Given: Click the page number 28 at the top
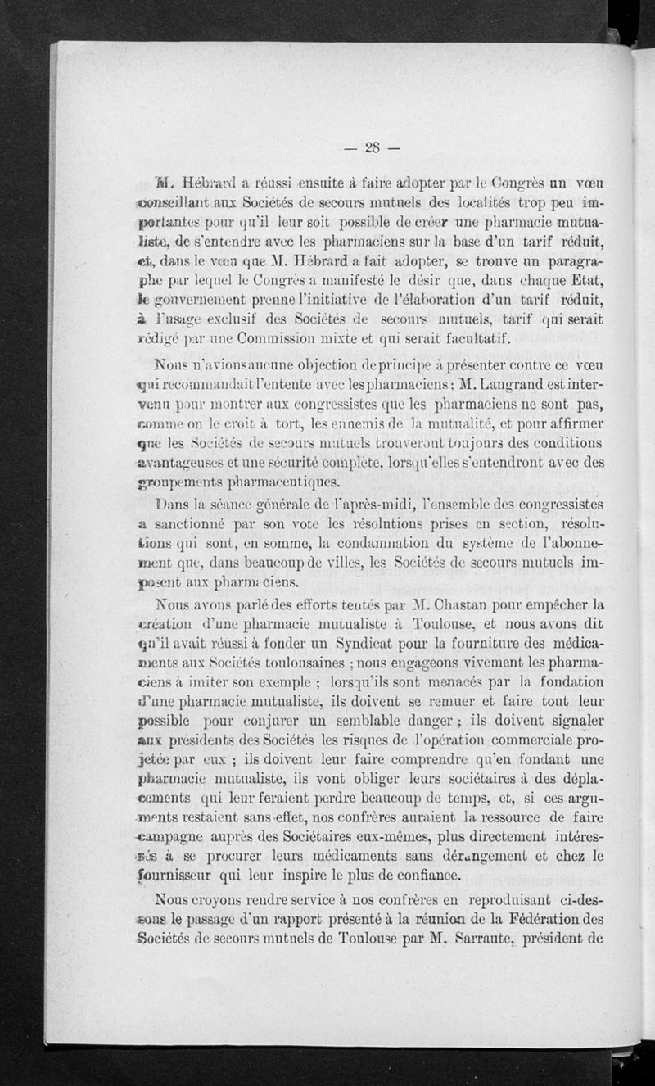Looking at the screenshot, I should click(x=374, y=147).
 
